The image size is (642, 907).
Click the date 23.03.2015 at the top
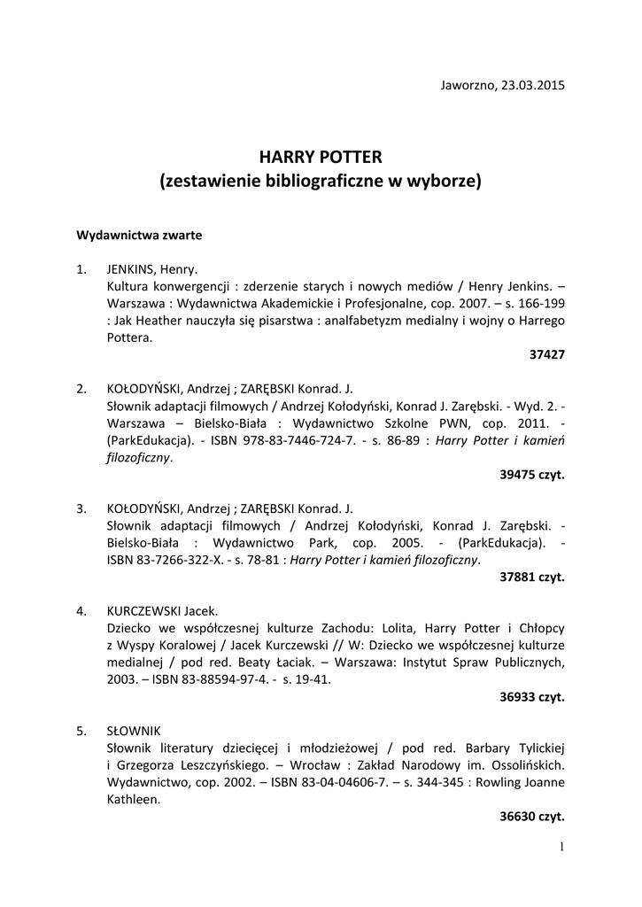[x=532, y=86]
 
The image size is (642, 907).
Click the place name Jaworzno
[x=468, y=86]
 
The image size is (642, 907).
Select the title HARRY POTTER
[x=320, y=158]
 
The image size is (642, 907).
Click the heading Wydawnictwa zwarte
[x=139, y=236]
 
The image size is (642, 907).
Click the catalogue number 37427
[x=546, y=354]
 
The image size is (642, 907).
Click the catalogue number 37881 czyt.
[x=531, y=577]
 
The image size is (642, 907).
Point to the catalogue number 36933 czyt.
[x=531, y=696]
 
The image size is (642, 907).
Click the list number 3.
[x=81, y=508]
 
